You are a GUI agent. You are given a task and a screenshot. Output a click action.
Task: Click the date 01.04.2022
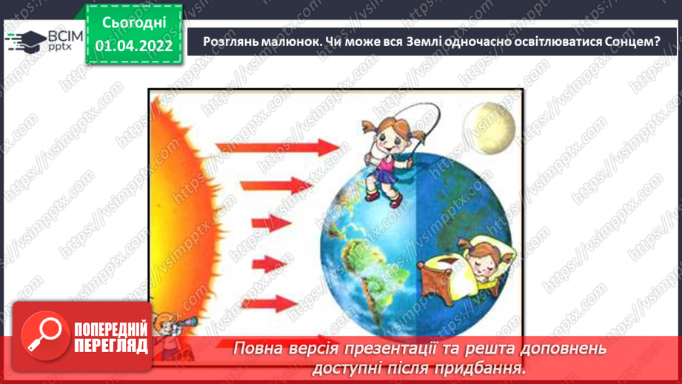pos(133,45)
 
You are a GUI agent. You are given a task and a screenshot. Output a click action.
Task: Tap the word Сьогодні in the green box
pos(133,23)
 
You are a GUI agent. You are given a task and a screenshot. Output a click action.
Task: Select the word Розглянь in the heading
pos(231,42)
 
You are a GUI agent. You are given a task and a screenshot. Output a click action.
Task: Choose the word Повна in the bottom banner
pos(259,348)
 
